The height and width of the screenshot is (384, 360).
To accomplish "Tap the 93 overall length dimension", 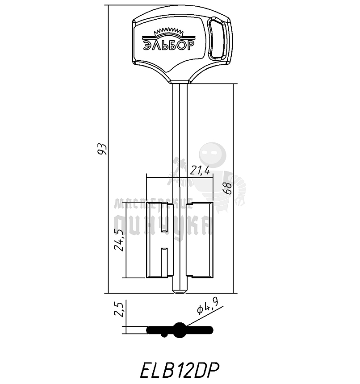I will tap(102, 149).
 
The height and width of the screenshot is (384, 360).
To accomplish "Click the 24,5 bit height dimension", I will tap(119, 240).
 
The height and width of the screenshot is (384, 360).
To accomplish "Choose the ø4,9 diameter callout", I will tap(208, 309).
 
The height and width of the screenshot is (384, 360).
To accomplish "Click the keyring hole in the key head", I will tap(218, 38).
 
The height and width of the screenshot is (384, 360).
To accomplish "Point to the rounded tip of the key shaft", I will tap(180, 292).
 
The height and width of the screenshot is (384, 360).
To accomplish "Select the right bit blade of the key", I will tap(200, 240).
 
